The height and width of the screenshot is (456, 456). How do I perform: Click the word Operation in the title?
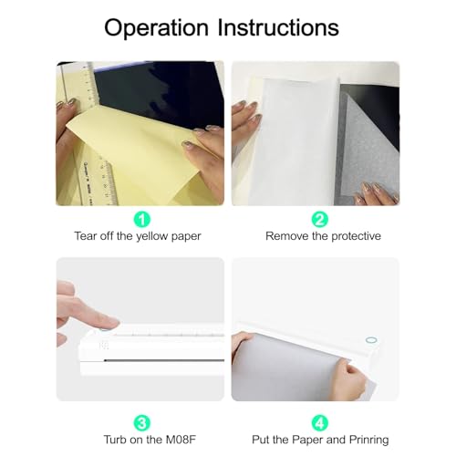(156, 28)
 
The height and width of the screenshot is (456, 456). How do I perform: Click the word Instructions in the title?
(278, 27)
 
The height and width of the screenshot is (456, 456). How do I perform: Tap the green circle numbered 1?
(142, 219)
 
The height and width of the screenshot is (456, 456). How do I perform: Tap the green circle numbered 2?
(320, 219)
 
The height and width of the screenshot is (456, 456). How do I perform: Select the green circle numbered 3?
(142, 422)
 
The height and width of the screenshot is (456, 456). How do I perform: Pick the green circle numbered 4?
(320, 422)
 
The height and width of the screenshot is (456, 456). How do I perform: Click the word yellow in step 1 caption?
(152, 236)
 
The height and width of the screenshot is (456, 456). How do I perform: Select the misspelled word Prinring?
(368, 440)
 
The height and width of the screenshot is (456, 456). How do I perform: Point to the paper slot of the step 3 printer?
(164, 360)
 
